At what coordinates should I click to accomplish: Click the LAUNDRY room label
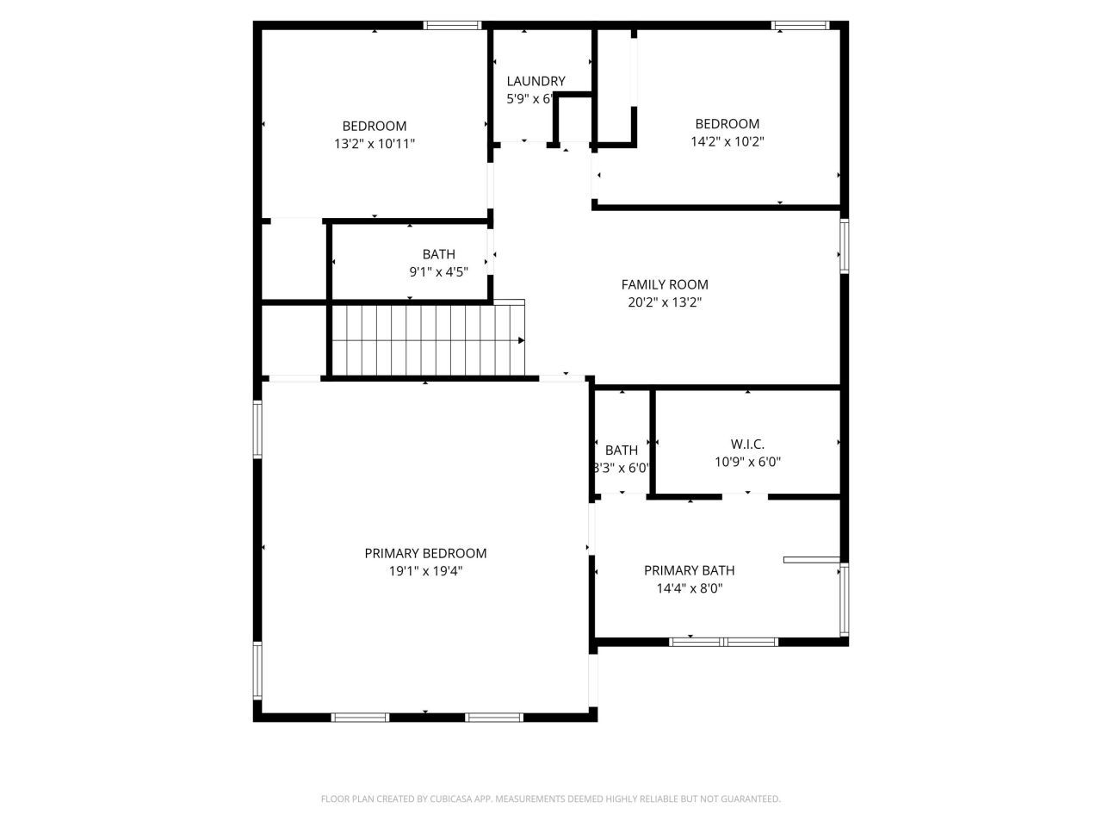pyautogui.click(x=536, y=81)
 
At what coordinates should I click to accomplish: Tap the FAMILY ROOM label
pyautogui.click(x=665, y=284)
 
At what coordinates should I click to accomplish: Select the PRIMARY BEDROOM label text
pyautogui.click(x=425, y=553)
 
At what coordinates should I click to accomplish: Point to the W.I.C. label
pyautogui.click(x=747, y=444)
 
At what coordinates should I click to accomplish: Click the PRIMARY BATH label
pyautogui.click(x=689, y=570)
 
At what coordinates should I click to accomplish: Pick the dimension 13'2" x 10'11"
pyautogui.click(x=375, y=144)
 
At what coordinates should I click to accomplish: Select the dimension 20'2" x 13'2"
pyautogui.click(x=665, y=302)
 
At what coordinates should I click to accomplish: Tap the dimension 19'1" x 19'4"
pyautogui.click(x=425, y=571)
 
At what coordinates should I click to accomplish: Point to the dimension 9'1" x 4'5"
pyautogui.click(x=438, y=272)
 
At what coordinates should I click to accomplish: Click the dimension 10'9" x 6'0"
pyautogui.click(x=747, y=462)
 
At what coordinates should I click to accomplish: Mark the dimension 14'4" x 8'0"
pyautogui.click(x=689, y=589)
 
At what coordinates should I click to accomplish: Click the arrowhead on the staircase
pyautogui.click(x=521, y=340)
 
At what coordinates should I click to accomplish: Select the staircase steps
pyautogui.click(x=426, y=340)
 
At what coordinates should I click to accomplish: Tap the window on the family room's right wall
pyautogui.click(x=845, y=246)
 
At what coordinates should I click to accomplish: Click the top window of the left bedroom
pyautogui.click(x=453, y=25)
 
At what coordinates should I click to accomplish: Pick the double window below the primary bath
pyautogui.click(x=724, y=641)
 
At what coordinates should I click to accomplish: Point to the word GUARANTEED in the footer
pyautogui.click(x=750, y=799)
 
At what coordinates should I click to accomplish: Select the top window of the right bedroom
pyautogui.click(x=800, y=25)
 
